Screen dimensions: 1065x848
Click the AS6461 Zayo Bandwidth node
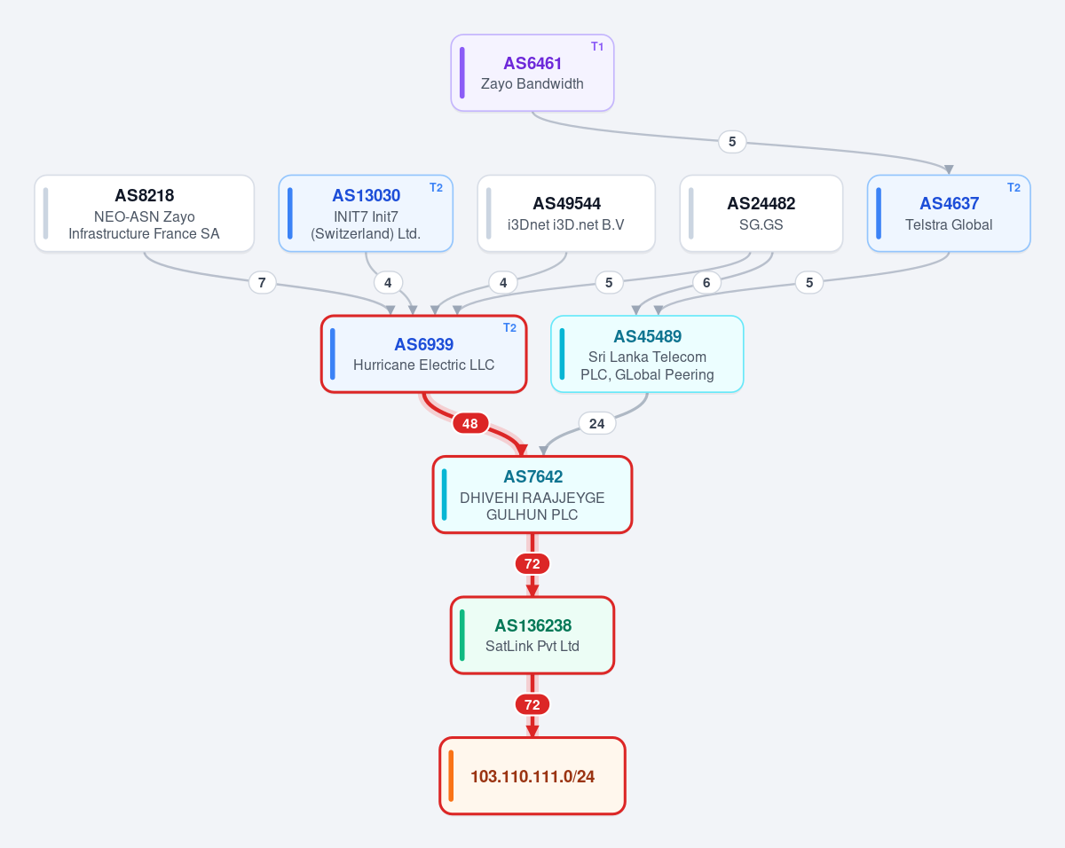(532, 73)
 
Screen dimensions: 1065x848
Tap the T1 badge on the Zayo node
(596, 46)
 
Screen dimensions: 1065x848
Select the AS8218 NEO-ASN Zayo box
(144, 213)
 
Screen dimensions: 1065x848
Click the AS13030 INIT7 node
(366, 213)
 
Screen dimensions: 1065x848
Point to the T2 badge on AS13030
(436, 187)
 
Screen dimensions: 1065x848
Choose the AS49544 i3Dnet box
(566, 213)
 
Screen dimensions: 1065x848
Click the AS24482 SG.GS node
(761, 213)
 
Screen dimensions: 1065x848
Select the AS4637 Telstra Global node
(949, 213)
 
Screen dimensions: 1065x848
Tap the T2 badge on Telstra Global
(1014, 187)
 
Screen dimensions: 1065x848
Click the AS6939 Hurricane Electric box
(423, 354)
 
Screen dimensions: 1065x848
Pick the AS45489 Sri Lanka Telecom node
(647, 354)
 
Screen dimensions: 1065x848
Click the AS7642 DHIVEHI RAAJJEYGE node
(532, 494)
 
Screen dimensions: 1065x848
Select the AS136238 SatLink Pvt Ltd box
(532, 635)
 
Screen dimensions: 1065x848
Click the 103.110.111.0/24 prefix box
(532, 776)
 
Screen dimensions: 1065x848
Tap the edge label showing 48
(470, 423)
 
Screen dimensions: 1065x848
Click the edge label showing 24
(596, 423)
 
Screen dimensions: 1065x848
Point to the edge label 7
(262, 282)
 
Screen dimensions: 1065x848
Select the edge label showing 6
(706, 282)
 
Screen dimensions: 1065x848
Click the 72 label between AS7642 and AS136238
(532, 563)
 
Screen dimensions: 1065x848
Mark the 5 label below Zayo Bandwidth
(732, 142)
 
